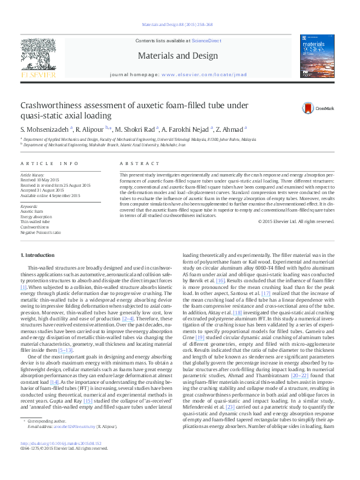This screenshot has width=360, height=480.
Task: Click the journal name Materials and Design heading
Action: point(178,56)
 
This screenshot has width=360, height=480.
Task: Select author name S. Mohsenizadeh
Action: point(45,129)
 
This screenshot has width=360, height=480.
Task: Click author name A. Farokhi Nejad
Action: point(188,129)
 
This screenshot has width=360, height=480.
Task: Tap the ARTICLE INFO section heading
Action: point(50,164)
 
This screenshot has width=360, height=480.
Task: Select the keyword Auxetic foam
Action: point(31,211)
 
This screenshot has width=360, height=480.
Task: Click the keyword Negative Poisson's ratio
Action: point(41,232)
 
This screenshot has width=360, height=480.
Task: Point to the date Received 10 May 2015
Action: point(44,181)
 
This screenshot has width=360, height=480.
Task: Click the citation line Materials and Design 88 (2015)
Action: point(177,25)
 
